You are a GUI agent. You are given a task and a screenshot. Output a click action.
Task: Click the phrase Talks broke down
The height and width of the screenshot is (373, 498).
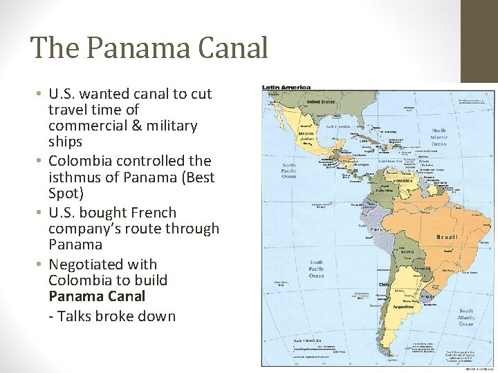(117, 316)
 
